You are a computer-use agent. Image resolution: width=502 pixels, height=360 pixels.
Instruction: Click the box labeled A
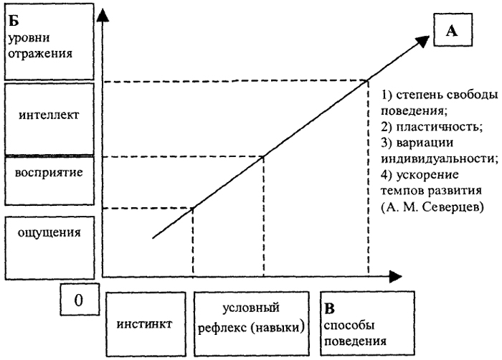pyautogui.click(x=453, y=30)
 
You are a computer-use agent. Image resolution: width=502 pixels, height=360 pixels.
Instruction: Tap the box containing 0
pyautogui.click(x=80, y=300)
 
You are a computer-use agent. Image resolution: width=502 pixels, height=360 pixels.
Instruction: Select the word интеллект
pyautogui.click(x=49, y=115)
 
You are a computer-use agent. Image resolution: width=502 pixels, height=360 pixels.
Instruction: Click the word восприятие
pyautogui.click(x=49, y=174)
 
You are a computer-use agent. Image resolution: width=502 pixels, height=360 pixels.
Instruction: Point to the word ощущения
pyautogui.click(x=49, y=233)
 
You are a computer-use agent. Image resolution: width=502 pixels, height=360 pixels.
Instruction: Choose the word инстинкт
pyautogui.click(x=144, y=324)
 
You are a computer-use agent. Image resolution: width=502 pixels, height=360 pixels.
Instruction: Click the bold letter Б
pyautogui.click(x=14, y=21)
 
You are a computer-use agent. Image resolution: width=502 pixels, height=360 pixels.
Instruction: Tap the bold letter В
pyautogui.click(x=329, y=308)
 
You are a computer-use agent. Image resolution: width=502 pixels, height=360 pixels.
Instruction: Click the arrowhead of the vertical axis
pyautogui.click(x=102, y=15)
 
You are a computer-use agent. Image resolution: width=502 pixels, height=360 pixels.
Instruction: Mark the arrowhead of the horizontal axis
pyautogui.click(x=395, y=276)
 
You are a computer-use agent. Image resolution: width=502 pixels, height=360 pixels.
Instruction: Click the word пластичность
pyautogui.click(x=439, y=128)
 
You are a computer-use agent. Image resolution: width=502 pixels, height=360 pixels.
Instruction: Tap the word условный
pyautogui.click(x=251, y=308)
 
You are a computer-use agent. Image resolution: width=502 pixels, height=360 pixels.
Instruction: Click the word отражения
pyautogui.click(x=40, y=54)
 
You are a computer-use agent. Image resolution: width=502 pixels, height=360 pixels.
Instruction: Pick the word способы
pyautogui.click(x=349, y=326)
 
